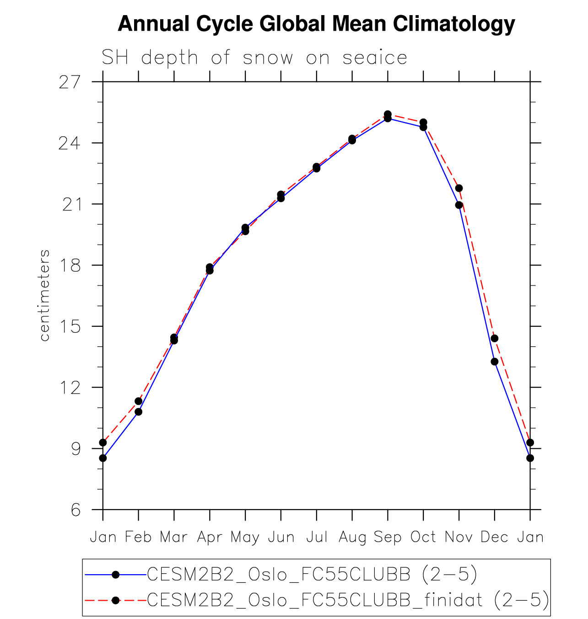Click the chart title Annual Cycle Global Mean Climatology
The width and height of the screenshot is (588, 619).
(x=316, y=24)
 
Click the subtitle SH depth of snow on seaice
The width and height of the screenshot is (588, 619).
(x=254, y=58)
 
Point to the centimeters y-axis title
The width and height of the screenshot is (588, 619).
(x=44, y=296)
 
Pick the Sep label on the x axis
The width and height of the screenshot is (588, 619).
(x=388, y=537)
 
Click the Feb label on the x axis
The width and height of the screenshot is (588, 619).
(x=138, y=537)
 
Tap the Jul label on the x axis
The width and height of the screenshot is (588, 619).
(x=317, y=537)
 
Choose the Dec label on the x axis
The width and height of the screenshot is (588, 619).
(x=494, y=537)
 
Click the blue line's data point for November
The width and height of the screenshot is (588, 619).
(x=459, y=205)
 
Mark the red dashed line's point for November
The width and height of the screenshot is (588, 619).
(x=459, y=188)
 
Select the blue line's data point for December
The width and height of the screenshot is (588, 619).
(x=495, y=361)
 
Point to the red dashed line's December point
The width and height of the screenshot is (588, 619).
(x=495, y=338)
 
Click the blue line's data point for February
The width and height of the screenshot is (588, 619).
(x=138, y=412)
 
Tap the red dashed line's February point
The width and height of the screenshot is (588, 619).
(x=138, y=401)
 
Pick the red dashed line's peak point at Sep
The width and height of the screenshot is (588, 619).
(x=388, y=114)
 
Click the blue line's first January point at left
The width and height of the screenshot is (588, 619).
(x=103, y=458)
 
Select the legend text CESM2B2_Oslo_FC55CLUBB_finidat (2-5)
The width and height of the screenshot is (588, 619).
(x=348, y=600)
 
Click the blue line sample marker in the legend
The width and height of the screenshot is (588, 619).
(x=115, y=575)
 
